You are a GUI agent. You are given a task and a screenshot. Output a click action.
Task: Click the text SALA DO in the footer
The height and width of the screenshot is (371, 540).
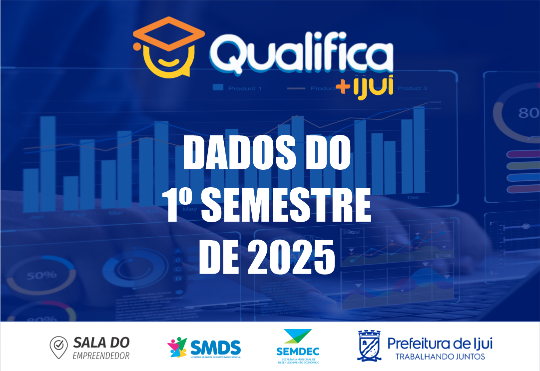point(101,343)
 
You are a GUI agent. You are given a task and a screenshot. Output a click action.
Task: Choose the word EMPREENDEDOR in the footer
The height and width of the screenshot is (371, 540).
point(101,356)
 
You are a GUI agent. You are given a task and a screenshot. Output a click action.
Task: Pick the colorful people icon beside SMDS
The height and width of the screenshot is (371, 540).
point(177,348)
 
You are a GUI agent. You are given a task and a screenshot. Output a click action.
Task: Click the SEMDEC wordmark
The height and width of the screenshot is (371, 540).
point(298,352)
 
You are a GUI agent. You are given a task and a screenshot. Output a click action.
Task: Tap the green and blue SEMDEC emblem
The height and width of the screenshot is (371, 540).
point(298,336)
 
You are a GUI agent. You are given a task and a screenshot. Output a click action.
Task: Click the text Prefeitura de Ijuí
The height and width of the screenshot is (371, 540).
point(440,344)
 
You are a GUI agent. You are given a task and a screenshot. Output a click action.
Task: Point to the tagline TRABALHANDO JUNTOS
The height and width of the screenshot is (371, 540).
point(440,357)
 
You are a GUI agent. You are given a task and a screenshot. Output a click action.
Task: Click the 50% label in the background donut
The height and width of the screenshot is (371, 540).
point(41,275)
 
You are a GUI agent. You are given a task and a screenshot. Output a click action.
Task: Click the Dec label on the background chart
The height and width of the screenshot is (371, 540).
point(413,197)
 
